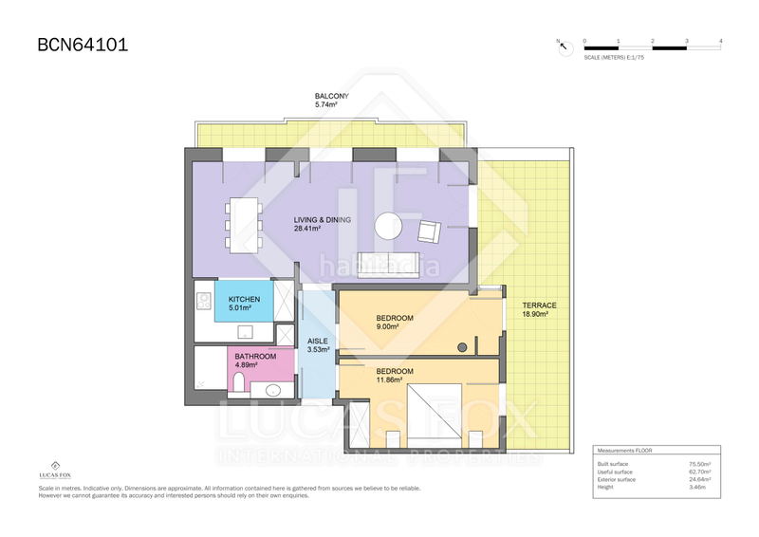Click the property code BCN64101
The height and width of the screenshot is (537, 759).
pos(82,44)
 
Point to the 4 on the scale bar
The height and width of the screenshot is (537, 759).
pos(721,41)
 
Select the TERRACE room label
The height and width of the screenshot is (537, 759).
pos(539,305)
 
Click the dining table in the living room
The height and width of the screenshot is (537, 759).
pos(243,224)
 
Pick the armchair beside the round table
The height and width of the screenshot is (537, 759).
pos(428,230)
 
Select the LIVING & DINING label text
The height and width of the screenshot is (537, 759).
pos(322,220)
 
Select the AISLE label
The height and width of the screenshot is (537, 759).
pos(318,341)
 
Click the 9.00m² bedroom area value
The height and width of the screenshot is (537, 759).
pos(388,325)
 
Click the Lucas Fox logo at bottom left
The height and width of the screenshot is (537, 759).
pos(56,470)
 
